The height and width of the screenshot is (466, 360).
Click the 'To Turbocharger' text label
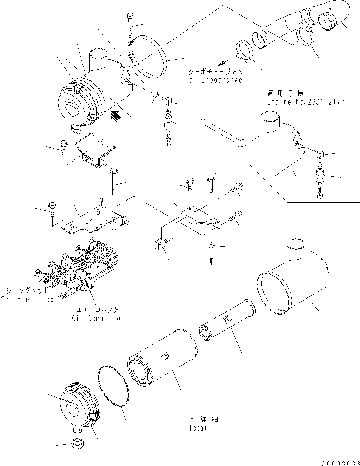pyautogui.click(x=215, y=80)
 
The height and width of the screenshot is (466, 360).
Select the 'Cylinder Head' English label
pyautogui.click(x=27, y=299)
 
